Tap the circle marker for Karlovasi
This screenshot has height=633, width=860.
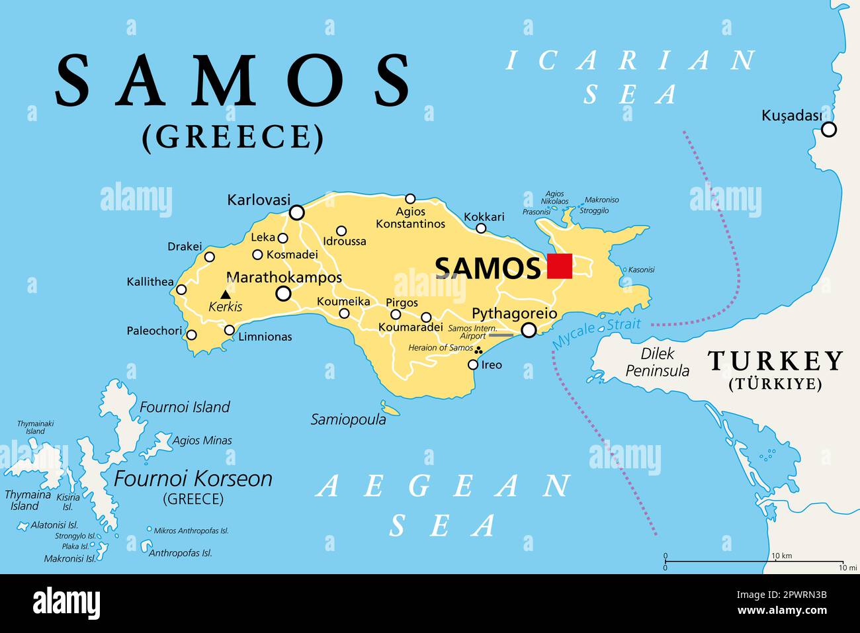click(x=297, y=212)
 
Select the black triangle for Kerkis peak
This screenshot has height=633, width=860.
click(x=226, y=294)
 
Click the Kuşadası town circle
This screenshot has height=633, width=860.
click(x=829, y=130)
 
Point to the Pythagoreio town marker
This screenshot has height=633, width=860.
click(x=529, y=330)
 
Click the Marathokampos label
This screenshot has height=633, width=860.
click(x=284, y=277)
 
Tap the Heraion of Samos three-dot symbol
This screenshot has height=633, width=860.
click(x=479, y=350)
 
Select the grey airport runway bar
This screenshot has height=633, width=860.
click(x=500, y=335)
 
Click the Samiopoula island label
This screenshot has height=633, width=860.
click(x=349, y=419)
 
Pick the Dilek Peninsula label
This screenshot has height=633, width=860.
click(x=657, y=362)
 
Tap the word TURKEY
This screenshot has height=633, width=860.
click(x=775, y=361)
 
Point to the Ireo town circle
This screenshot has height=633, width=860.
click(x=473, y=364)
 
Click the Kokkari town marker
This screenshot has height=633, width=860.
click(x=481, y=229)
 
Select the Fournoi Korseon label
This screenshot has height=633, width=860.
click(x=193, y=478)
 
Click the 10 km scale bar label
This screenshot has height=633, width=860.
click(x=781, y=556)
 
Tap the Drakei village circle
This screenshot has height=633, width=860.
click(x=210, y=257)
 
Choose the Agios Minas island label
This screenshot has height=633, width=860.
click(x=202, y=441)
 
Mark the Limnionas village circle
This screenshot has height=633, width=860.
click(x=230, y=330)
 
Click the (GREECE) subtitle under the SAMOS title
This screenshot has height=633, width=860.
click(x=233, y=137)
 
